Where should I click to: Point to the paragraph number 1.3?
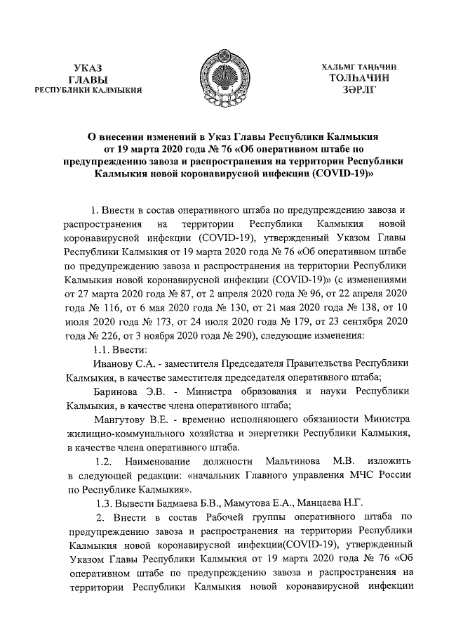tap(103, 502)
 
